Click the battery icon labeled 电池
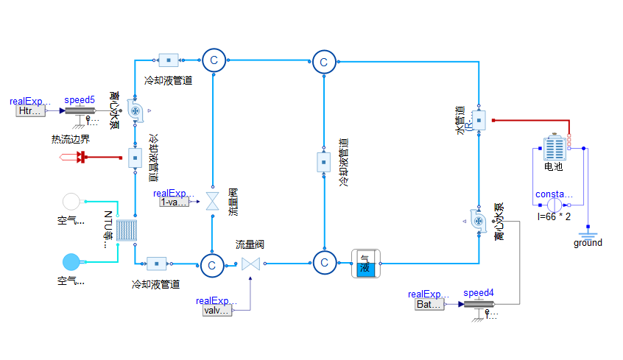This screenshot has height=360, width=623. pyautogui.click(x=552, y=148)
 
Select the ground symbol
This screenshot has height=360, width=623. pyautogui.click(x=587, y=229)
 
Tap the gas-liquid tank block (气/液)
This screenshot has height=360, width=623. pyautogui.click(x=364, y=263)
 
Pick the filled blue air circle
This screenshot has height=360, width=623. pyautogui.click(x=71, y=261)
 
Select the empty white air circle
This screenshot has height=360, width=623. pyautogui.click(x=71, y=201)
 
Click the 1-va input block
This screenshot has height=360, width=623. pyautogui.click(x=175, y=202)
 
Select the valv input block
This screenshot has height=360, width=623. pyautogui.click(x=217, y=311)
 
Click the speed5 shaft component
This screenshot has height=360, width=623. pyautogui.click(x=80, y=110)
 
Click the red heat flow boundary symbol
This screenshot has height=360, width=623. pyautogui.click(x=82, y=157)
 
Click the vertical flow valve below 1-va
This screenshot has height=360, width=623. pyautogui.click(x=212, y=201)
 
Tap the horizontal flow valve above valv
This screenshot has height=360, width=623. pyautogui.click(x=251, y=264)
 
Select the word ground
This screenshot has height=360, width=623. pyautogui.click(x=588, y=243)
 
